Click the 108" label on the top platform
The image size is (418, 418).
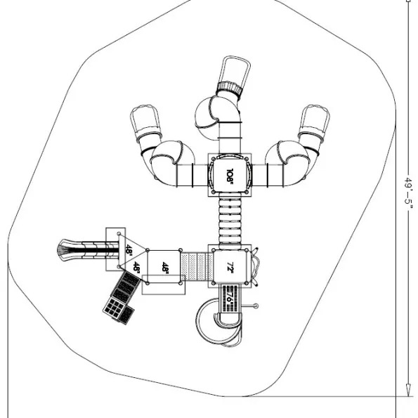pyautogui.click(x=230, y=176)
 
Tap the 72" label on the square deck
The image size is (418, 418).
pyautogui.click(x=230, y=266)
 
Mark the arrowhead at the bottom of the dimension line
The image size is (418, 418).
pyautogui.click(x=408, y=391)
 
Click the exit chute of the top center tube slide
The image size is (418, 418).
pyautogui.click(x=236, y=70)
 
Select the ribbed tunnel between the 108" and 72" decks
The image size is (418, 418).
pyautogui.click(x=230, y=221)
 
